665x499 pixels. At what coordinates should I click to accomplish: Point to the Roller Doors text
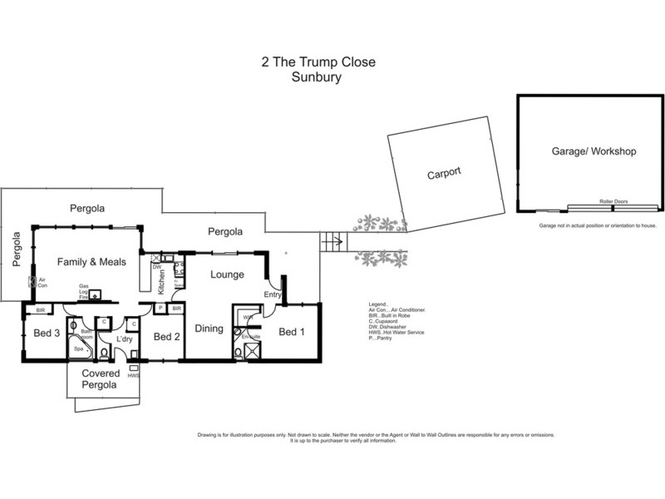(x=612, y=201)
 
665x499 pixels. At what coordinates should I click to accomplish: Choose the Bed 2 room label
(x=167, y=336)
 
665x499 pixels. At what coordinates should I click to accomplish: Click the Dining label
(x=209, y=329)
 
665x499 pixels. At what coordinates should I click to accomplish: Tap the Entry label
(x=273, y=294)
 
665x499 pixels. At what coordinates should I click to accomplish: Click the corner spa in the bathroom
(x=80, y=348)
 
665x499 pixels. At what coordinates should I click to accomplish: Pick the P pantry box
(x=160, y=308)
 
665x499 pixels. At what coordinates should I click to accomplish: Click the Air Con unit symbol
(x=33, y=282)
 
